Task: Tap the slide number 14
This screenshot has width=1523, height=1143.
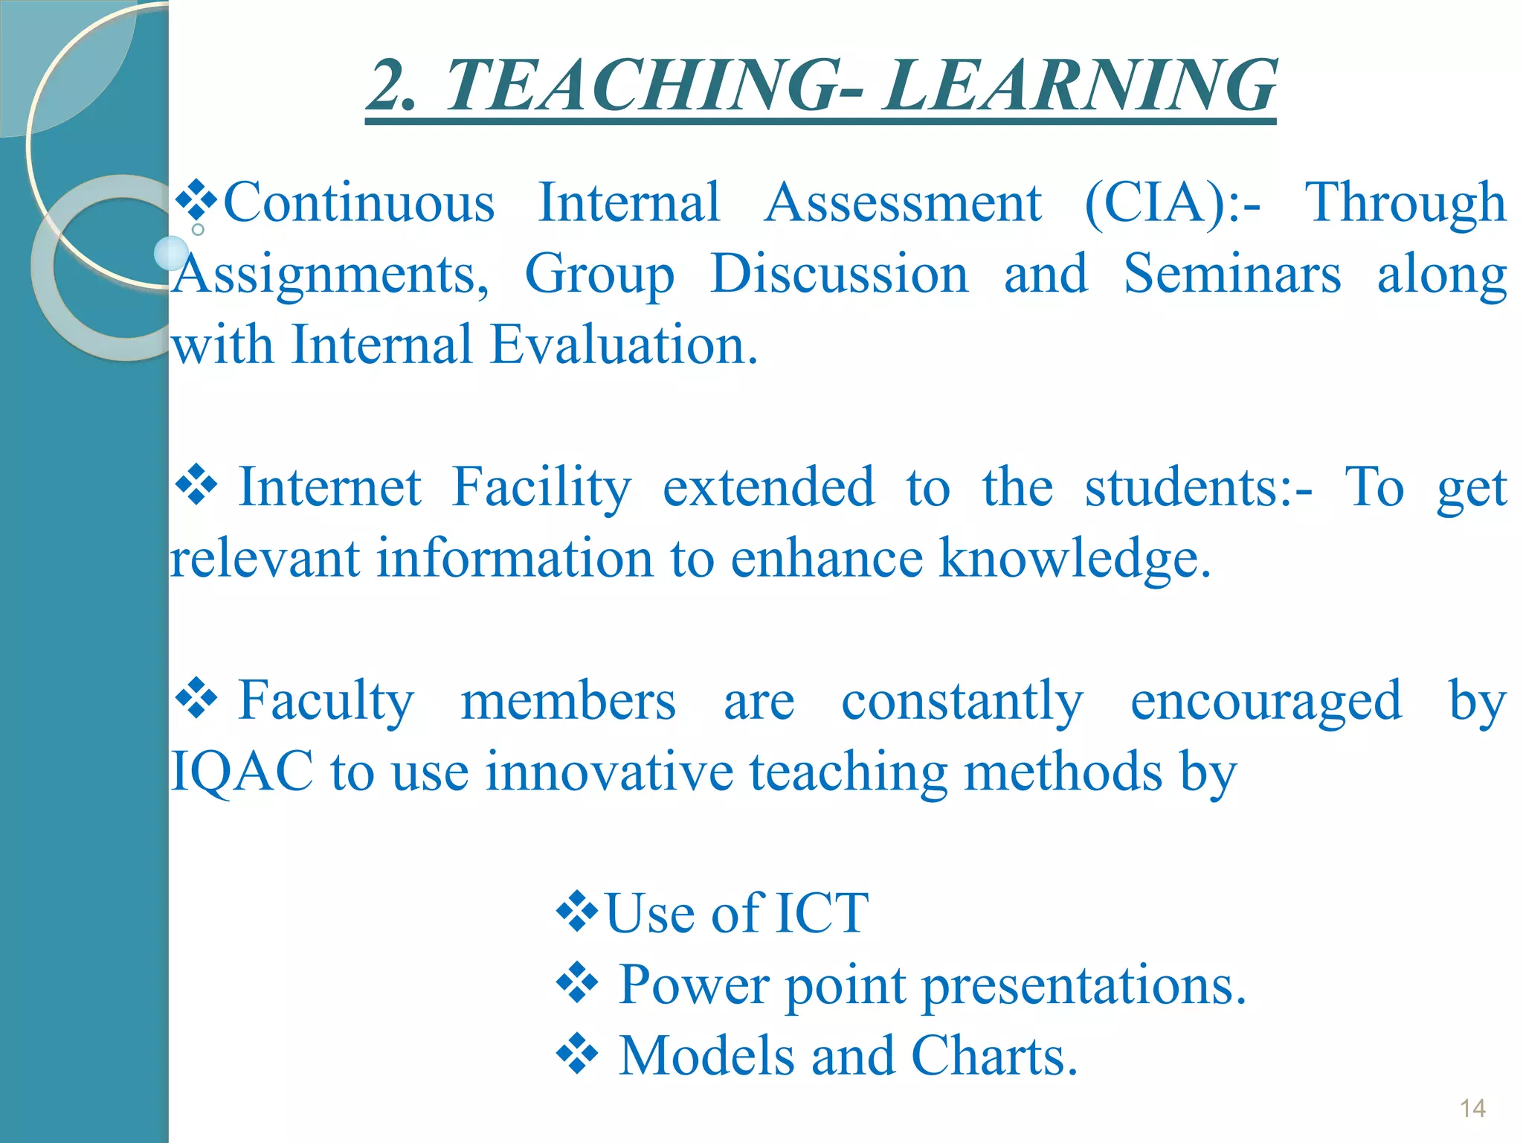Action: (1472, 1109)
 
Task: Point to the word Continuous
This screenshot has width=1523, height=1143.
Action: (359, 203)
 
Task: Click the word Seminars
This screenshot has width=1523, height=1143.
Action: (1231, 274)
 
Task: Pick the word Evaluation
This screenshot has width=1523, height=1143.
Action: (624, 345)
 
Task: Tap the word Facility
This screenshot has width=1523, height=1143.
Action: (541, 488)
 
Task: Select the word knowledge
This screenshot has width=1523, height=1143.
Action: (1075, 559)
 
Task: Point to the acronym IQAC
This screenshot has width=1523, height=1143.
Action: (242, 772)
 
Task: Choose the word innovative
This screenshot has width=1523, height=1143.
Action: (609, 772)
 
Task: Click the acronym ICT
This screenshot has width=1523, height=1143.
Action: (821, 913)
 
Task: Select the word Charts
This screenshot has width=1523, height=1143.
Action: (994, 1056)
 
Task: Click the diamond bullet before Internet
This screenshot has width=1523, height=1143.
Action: (196, 486)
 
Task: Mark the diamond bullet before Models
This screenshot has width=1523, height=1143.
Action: (577, 1054)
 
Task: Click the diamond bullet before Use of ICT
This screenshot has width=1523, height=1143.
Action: (577, 912)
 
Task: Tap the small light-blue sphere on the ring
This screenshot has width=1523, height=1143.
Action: (172, 253)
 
